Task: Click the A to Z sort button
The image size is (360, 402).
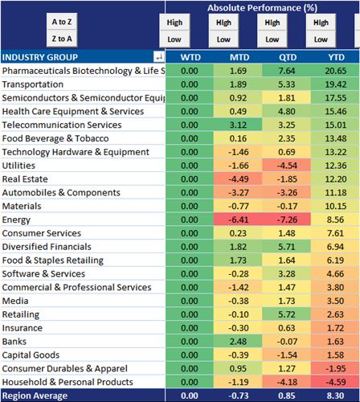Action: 62,22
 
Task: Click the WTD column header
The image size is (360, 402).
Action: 190,57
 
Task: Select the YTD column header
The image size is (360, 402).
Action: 336,57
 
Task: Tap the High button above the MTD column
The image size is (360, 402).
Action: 223,23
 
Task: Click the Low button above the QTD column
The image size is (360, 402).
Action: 272,39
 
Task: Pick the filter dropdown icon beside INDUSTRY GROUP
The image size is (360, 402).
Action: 159,57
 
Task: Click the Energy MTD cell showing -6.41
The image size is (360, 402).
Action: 238,219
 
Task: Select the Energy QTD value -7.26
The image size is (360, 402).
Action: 287,219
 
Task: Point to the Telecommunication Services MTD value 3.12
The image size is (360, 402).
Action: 238,125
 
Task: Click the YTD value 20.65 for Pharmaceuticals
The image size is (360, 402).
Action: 336,71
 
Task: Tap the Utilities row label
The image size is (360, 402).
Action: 18,166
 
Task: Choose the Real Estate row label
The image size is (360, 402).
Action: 25,179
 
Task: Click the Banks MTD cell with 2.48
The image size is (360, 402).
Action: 238,342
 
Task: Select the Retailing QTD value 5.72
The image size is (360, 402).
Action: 287,314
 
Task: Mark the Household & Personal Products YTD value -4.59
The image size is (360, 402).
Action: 336,382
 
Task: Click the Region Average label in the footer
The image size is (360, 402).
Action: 35,396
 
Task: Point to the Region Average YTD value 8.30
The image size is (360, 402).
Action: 335,396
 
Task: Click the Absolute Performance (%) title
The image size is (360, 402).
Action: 262,8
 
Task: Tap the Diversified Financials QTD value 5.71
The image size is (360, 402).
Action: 287,247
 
